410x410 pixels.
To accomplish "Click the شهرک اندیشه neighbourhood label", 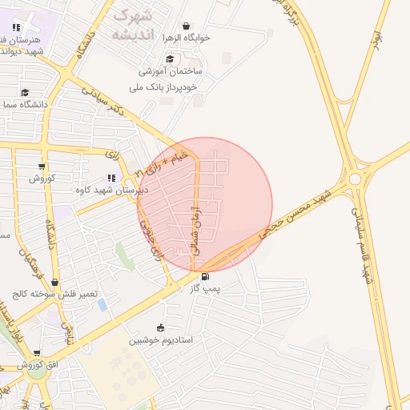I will [x=133, y=24].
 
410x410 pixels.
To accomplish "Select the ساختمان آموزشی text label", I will [x=170, y=71].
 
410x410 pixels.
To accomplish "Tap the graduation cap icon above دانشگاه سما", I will [x=25, y=92].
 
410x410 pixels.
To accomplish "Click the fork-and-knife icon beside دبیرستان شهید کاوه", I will [x=111, y=178].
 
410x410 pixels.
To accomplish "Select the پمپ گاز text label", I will [x=204, y=287].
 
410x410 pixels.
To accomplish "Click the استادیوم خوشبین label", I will [x=162, y=340].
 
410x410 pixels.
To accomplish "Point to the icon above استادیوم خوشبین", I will [x=160, y=327].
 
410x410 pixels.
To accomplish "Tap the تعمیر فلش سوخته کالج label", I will [x=55, y=295].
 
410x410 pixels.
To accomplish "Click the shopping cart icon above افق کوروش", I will [x=36, y=352].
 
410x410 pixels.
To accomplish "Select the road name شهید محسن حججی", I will [x=294, y=213].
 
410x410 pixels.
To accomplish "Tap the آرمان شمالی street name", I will [x=194, y=227].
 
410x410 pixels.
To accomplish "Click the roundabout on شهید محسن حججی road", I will [x=355, y=179].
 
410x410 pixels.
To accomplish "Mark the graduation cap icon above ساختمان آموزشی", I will [x=169, y=58].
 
